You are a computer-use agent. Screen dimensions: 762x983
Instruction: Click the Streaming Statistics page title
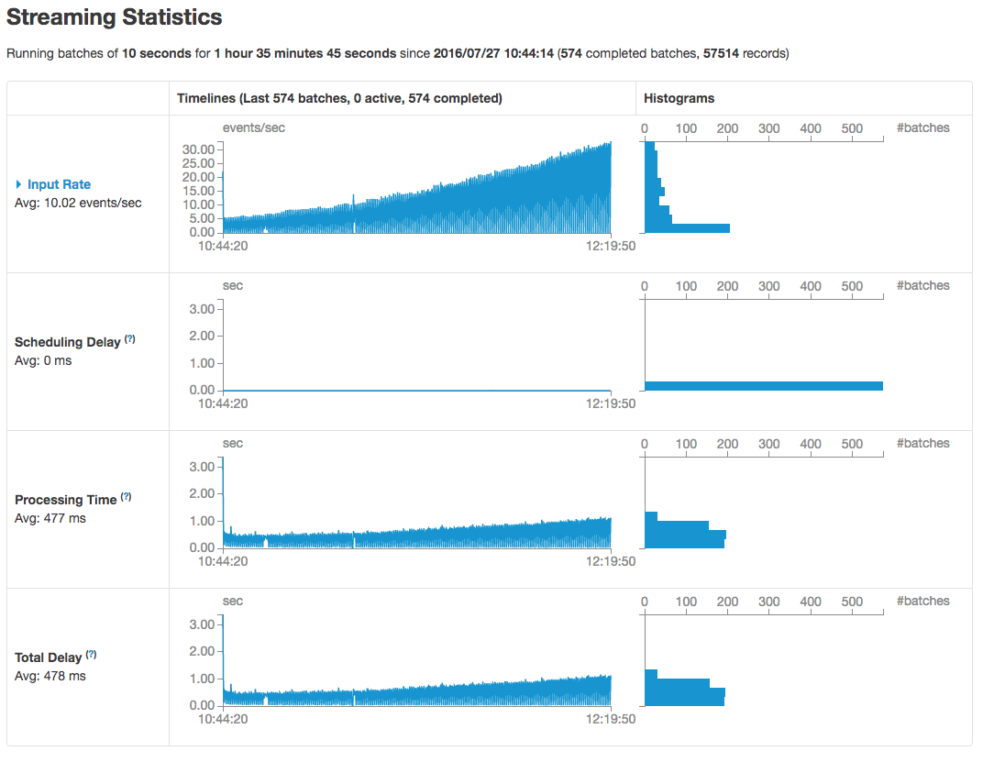point(115,17)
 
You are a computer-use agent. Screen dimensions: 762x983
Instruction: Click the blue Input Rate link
point(59,184)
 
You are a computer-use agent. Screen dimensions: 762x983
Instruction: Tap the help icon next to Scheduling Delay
point(130,339)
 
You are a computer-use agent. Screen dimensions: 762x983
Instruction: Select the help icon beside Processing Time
point(127,497)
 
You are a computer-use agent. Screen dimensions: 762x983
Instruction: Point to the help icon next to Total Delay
point(92,655)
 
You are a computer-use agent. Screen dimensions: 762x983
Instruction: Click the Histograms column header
point(679,98)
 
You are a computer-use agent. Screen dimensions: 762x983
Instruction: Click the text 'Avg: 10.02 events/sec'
point(79,203)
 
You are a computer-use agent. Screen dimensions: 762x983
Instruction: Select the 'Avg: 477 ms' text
point(50,518)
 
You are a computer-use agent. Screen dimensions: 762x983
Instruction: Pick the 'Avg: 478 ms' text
point(50,676)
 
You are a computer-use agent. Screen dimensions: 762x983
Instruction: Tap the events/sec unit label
point(254,127)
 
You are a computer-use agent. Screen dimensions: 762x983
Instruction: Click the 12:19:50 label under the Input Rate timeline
point(612,246)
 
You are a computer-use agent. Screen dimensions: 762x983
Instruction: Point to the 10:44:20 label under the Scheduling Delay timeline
point(224,403)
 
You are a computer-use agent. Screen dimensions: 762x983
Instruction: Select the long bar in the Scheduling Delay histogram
point(764,386)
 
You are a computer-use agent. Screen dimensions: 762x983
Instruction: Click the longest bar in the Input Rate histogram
point(688,227)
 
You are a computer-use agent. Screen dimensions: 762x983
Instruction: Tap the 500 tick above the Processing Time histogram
point(852,444)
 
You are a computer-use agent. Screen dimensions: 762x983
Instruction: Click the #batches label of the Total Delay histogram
point(922,602)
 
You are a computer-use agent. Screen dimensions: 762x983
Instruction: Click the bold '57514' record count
point(722,53)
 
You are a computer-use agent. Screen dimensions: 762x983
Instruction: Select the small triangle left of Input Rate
point(19,184)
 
